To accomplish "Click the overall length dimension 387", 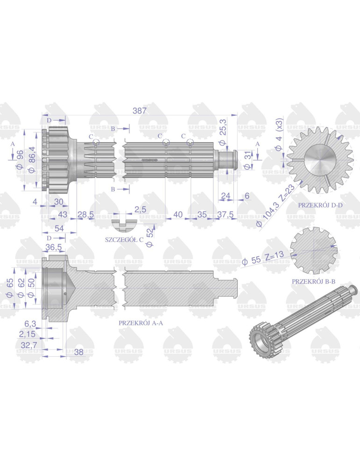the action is [139, 111].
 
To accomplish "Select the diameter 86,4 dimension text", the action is [32, 159].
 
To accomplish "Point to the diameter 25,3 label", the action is [222, 132].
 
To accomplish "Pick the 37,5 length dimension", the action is [226, 214].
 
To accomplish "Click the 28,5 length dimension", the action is [86, 214].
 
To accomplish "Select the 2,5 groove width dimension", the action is [140, 209].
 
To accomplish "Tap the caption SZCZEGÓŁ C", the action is [124, 240].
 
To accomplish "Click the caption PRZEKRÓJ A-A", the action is [141, 323].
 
